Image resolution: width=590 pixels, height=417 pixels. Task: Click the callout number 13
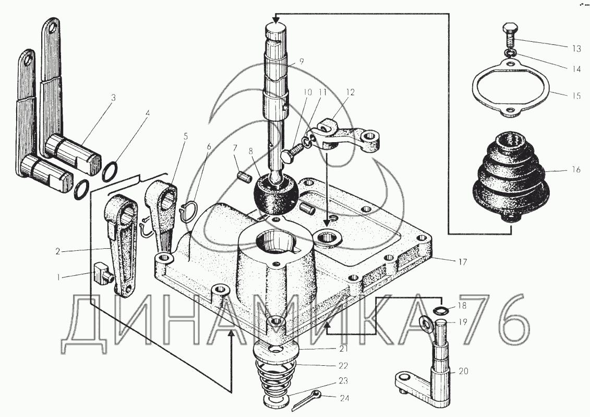pos(576,48)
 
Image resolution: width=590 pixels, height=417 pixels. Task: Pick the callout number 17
pos(462,262)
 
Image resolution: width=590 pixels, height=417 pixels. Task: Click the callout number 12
pos(350,92)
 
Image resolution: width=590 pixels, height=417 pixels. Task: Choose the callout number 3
pos(113,98)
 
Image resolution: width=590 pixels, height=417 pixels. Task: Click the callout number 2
pos(58,251)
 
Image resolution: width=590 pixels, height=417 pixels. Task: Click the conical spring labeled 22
pos(276,381)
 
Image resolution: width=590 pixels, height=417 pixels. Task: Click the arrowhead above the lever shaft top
pos(276,18)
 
